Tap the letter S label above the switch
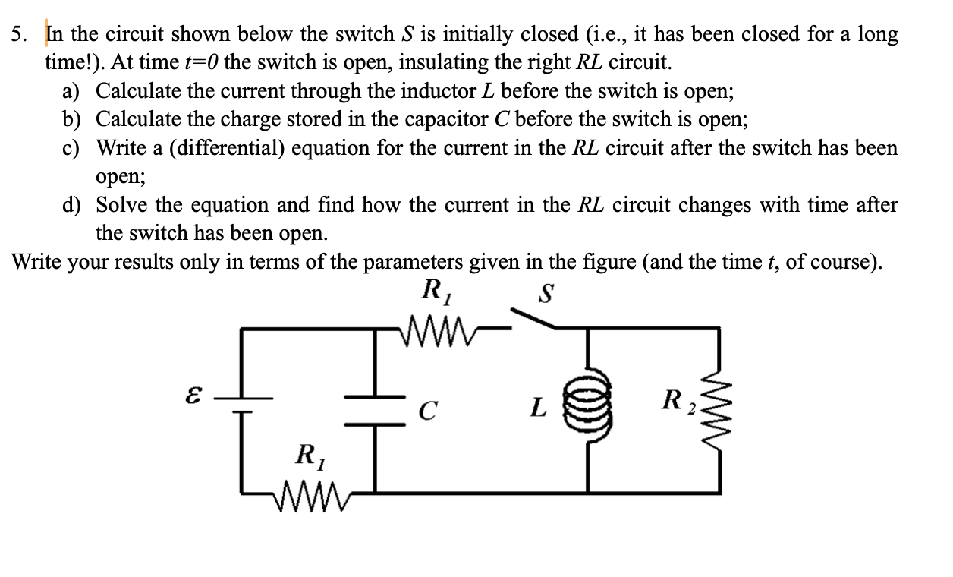click(x=543, y=294)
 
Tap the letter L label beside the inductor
click(x=537, y=409)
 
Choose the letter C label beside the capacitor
click(x=429, y=411)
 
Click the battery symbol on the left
click(x=242, y=403)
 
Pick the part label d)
click(x=73, y=205)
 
